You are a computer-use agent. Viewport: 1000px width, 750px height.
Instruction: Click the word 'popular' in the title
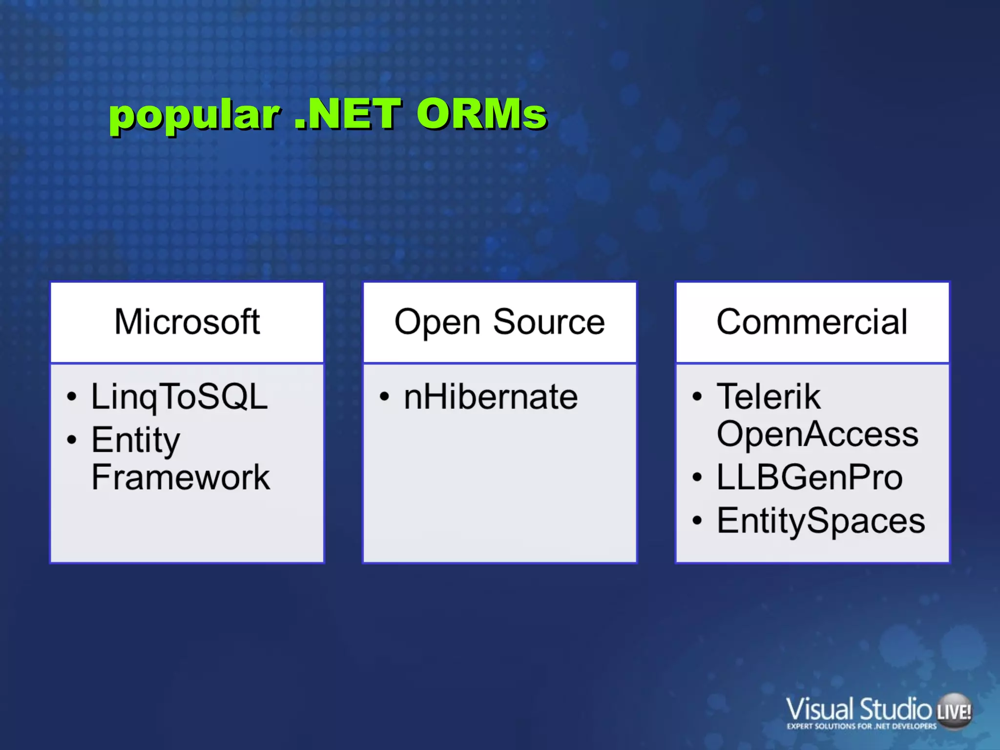click(x=194, y=116)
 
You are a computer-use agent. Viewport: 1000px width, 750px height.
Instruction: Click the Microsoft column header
click(x=187, y=322)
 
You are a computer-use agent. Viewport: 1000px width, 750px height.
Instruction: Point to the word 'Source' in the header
click(x=549, y=322)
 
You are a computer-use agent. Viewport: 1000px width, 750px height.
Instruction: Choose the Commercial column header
click(x=812, y=322)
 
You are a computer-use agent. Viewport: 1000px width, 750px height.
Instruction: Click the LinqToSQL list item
click(x=179, y=396)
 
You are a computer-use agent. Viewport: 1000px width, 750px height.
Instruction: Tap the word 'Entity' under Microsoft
click(x=136, y=440)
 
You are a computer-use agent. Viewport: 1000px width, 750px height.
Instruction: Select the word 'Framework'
click(x=181, y=478)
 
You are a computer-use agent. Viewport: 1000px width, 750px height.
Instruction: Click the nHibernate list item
click(x=491, y=396)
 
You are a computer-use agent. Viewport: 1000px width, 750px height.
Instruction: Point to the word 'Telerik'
click(x=768, y=396)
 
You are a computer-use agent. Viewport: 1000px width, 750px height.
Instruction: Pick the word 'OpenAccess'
click(x=817, y=434)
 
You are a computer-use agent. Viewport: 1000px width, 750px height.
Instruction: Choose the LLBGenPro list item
click(x=810, y=477)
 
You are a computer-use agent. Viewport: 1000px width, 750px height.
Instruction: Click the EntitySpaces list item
click(x=821, y=521)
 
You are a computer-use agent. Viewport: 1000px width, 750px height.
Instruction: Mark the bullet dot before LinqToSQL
click(x=72, y=397)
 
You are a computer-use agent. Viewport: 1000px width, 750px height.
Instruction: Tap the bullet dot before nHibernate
click(x=385, y=397)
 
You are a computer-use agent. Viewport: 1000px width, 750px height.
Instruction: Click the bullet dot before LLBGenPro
click(x=697, y=478)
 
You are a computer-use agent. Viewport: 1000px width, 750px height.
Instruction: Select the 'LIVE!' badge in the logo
click(x=954, y=711)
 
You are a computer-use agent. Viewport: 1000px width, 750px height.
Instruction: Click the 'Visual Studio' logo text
click(x=858, y=709)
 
